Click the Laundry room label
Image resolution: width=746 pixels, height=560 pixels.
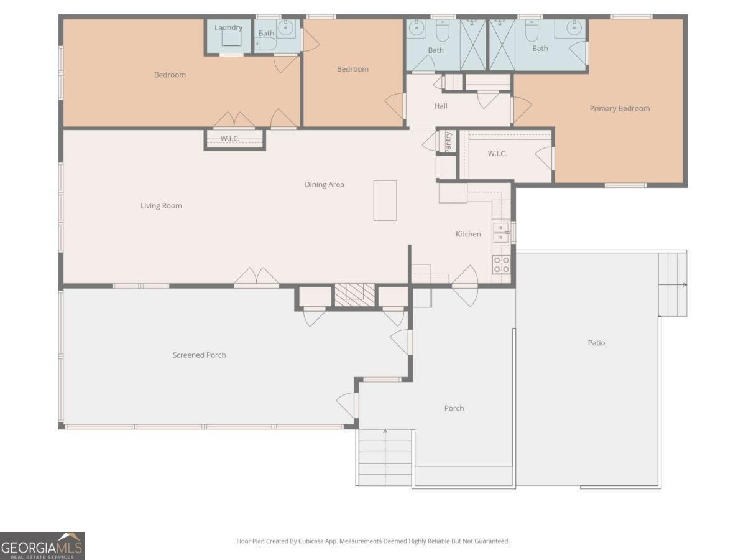click(x=228, y=27)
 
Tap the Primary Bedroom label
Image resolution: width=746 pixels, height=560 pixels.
click(x=619, y=108)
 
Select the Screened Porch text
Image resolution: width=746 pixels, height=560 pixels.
click(x=199, y=355)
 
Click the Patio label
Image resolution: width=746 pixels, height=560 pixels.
click(x=596, y=343)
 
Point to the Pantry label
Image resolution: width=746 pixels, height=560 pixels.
click(x=448, y=141)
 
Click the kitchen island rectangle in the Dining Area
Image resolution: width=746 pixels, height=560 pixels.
click(x=385, y=200)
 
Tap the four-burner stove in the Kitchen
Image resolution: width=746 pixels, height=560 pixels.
click(x=501, y=265)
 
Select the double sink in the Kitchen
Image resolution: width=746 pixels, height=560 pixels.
click(x=501, y=233)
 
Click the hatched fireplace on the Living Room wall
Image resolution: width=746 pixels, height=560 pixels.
click(x=354, y=294)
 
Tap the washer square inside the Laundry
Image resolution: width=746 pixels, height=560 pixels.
click(x=231, y=38)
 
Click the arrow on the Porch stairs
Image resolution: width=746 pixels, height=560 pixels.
click(x=385, y=431)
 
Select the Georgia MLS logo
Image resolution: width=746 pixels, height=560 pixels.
click(x=42, y=546)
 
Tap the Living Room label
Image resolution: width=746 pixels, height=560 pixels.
click(x=161, y=206)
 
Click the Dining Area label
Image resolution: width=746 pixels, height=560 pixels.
click(x=324, y=184)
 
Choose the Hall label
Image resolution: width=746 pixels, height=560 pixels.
click(x=440, y=106)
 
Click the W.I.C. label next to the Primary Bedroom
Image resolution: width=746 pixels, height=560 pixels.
click(x=497, y=153)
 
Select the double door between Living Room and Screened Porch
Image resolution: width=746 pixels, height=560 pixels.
click(x=256, y=278)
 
